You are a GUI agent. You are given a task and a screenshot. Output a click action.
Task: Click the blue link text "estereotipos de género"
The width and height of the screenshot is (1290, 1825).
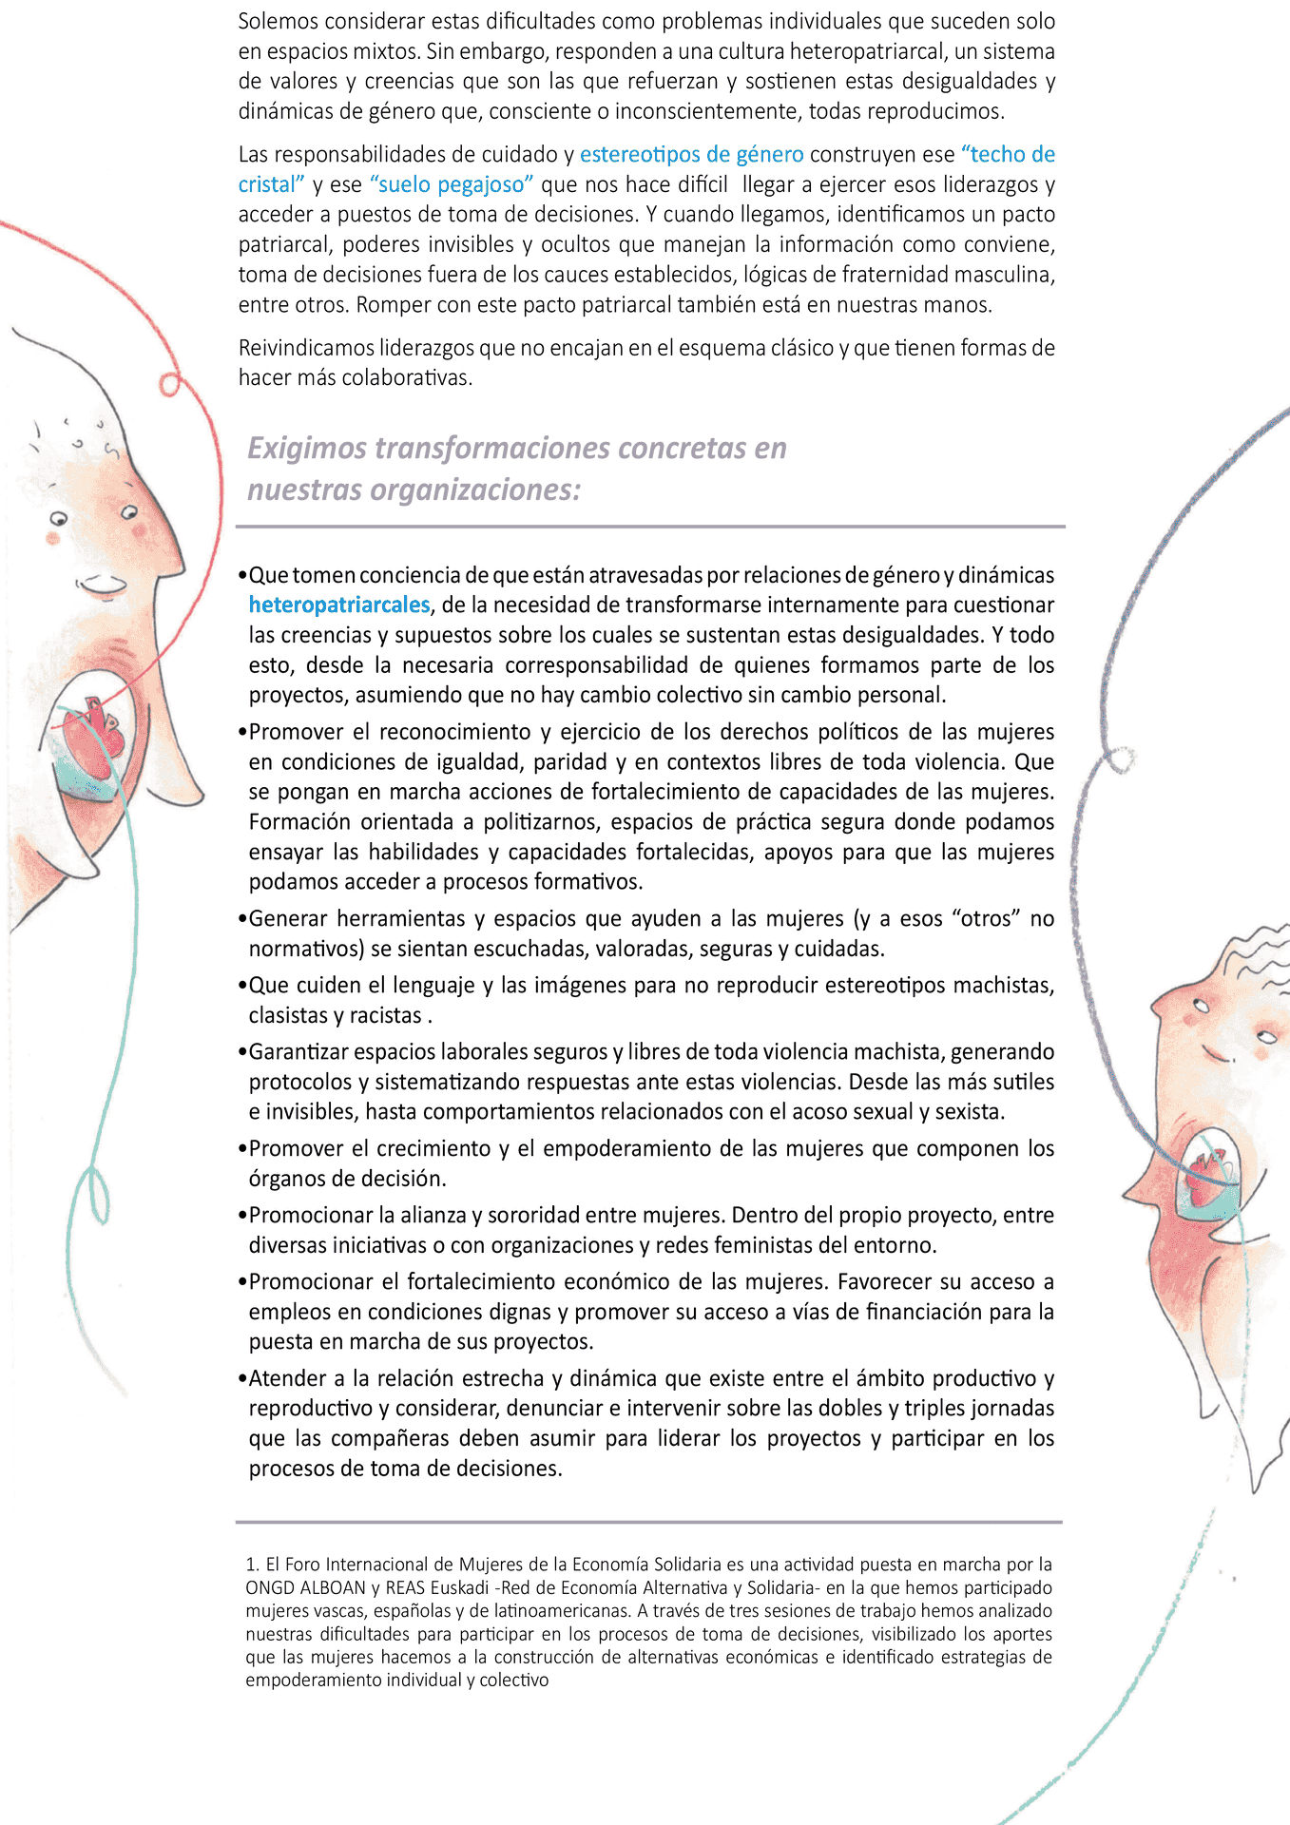point(691,154)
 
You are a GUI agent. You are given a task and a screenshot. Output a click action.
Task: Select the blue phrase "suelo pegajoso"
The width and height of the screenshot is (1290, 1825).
point(452,184)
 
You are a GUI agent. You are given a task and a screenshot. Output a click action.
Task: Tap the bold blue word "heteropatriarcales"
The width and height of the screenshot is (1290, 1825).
point(339,605)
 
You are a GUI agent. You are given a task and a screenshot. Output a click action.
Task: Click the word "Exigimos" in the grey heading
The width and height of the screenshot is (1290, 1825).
point(306,448)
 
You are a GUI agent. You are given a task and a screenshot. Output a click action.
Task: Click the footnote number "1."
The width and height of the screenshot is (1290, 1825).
point(253,1565)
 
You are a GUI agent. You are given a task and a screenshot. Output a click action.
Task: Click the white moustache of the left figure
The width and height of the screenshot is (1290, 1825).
point(101,582)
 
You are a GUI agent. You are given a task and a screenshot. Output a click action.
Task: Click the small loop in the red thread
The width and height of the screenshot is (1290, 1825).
point(170,384)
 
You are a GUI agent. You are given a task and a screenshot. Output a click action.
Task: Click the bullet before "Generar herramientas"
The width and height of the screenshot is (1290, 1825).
point(242,919)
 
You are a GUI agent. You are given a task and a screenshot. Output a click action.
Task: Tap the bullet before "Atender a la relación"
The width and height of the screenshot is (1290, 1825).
point(242,1379)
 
